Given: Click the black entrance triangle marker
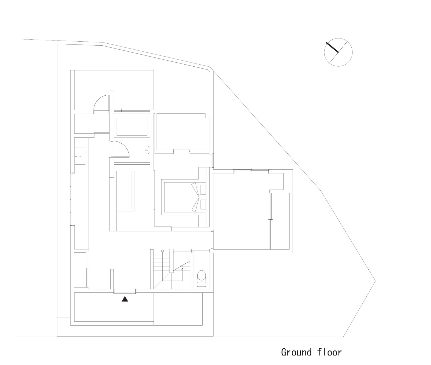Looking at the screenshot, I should tap(124, 299).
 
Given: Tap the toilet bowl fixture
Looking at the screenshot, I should tap(202, 275).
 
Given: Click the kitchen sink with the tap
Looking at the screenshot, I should tap(80, 156).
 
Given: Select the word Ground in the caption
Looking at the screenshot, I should tap(296, 352).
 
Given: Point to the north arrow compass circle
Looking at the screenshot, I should tap(338, 52).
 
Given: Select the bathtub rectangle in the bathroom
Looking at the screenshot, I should tap(132, 127).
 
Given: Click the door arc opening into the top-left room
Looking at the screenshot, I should tap(101, 102).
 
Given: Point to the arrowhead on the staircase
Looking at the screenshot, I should tap(182, 266).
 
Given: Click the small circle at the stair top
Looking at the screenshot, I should tap(163, 251).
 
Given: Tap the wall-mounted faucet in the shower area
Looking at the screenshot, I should tap(148, 149).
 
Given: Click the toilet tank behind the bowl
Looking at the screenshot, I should tap(202, 284).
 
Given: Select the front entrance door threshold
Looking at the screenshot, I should tap(125, 293).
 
